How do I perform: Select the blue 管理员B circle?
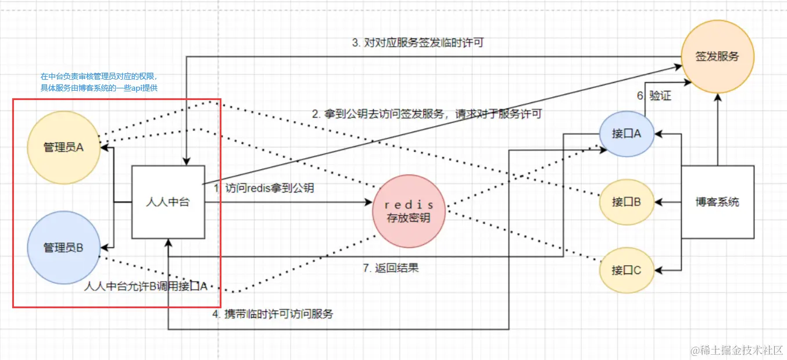click(x=64, y=248)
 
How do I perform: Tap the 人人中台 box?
click(x=168, y=202)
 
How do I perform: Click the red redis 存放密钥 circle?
click(x=410, y=211)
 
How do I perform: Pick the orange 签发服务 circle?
click(x=717, y=56)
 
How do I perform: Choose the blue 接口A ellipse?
click(x=627, y=134)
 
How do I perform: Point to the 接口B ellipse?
click(x=627, y=202)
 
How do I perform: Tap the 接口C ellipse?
click(x=627, y=270)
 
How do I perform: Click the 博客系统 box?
click(x=717, y=202)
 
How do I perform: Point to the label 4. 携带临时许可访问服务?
click(x=273, y=314)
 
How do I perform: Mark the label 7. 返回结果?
click(x=391, y=268)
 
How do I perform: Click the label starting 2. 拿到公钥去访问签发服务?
click(x=427, y=114)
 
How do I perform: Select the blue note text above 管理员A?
click(x=99, y=82)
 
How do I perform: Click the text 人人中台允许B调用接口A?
click(x=146, y=286)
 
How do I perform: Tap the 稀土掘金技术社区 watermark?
click(x=735, y=350)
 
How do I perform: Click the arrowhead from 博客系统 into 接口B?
click(x=658, y=202)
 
